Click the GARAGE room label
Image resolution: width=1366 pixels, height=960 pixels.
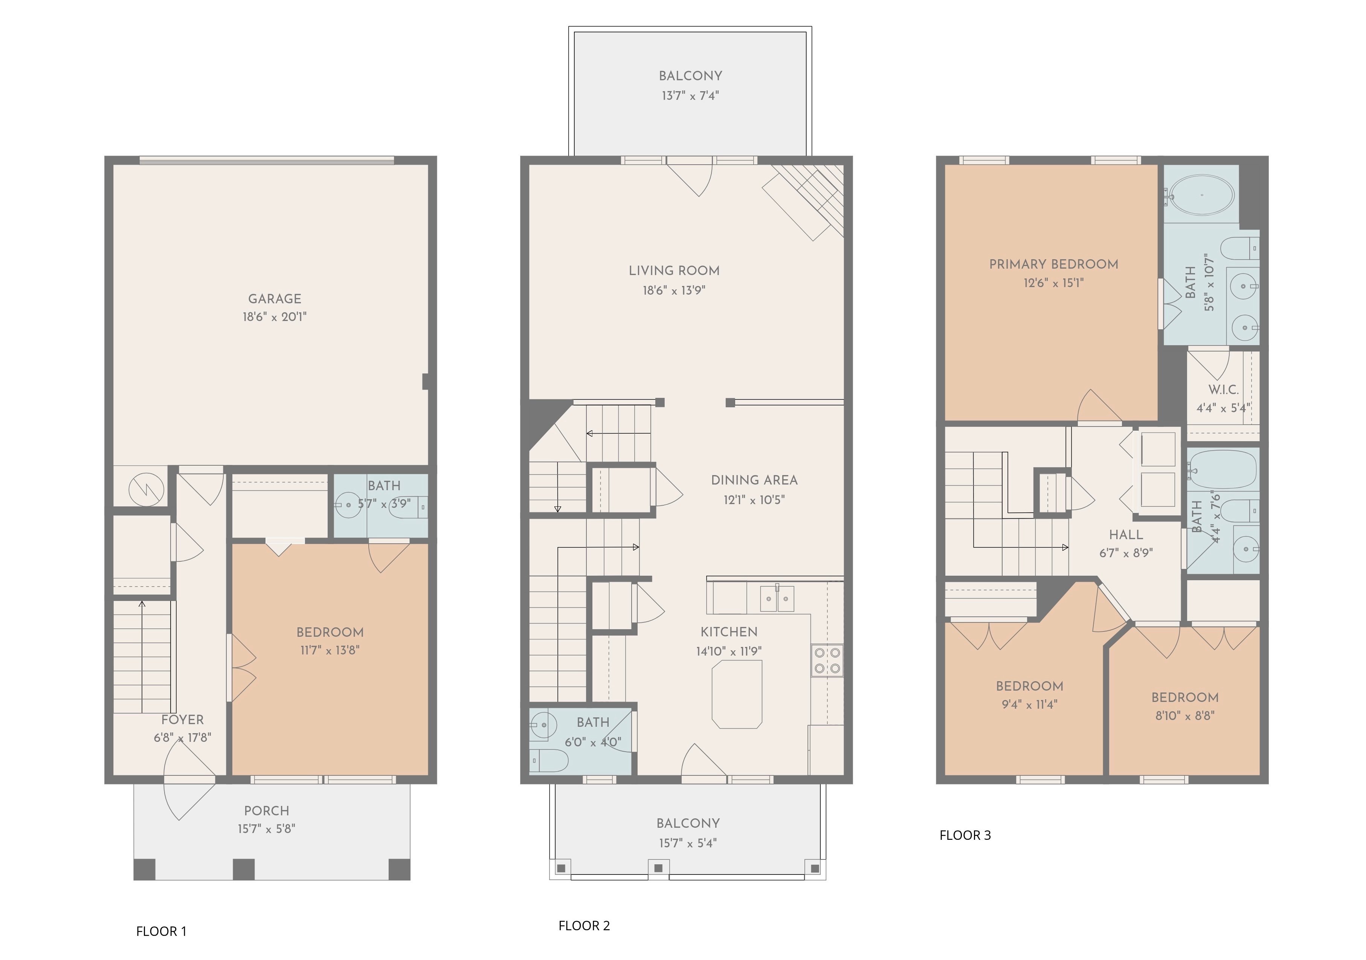click(274, 299)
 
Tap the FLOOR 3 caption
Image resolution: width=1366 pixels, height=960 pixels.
click(965, 835)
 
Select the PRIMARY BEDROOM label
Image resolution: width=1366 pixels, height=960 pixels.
click(1054, 264)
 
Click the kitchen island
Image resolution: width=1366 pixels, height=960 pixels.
click(737, 694)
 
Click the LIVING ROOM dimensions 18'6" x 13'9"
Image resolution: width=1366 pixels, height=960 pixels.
click(674, 290)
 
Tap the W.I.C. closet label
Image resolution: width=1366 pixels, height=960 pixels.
click(1223, 390)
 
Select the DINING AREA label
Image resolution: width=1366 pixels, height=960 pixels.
click(754, 480)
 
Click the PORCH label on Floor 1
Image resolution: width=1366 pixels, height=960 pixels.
click(267, 811)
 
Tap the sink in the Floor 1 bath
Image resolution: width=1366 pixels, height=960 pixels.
click(348, 505)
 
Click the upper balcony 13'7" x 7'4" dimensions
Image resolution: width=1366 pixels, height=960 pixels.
click(690, 96)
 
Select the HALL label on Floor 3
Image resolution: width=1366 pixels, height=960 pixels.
click(1126, 535)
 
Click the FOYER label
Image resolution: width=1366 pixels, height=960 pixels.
click(183, 720)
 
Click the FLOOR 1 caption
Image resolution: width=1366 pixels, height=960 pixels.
click(161, 931)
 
